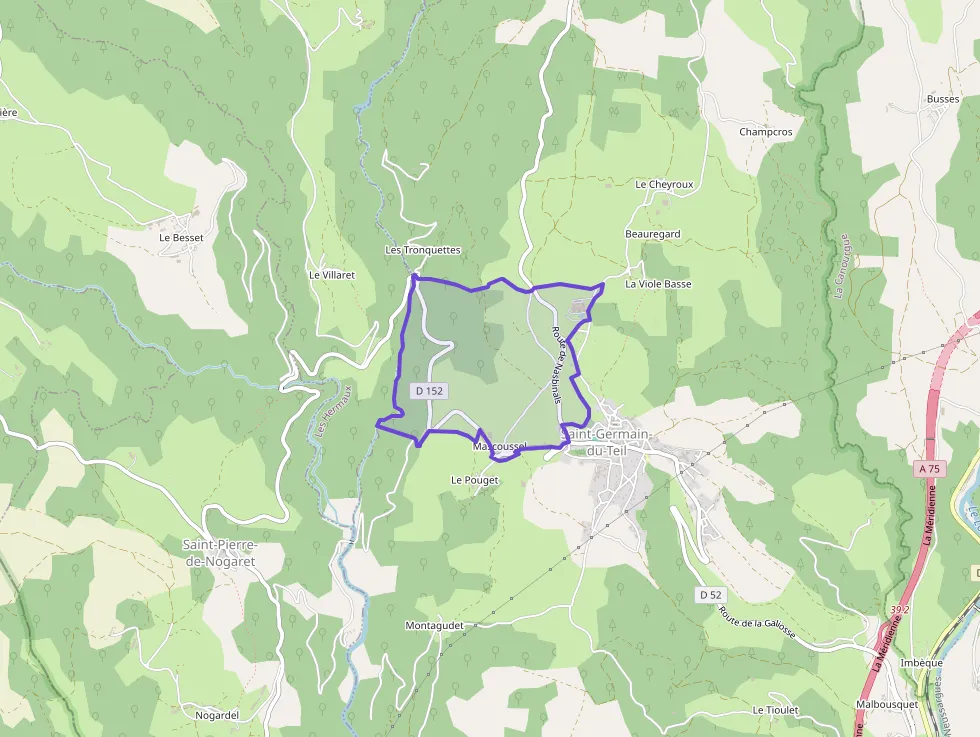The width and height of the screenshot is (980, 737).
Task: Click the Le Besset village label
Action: (x=181, y=238)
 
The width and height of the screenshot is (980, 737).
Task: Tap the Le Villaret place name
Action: (x=332, y=274)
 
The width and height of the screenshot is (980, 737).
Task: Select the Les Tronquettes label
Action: (x=422, y=250)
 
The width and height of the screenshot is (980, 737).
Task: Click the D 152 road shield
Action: (x=427, y=391)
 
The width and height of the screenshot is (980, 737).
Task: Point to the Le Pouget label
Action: (x=474, y=480)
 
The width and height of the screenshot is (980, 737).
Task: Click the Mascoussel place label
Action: (x=500, y=446)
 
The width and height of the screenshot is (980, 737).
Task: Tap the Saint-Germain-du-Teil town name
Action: (x=607, y=442)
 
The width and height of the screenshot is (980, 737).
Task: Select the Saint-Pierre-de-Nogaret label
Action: (x=220, y=553)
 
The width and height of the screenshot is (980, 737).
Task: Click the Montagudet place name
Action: (x=435, y=626)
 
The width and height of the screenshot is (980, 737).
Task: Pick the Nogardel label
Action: (x=217, y=715)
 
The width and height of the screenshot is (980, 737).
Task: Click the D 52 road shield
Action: (x=710, y=595)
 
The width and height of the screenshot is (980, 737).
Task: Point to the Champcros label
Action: (x=766, y=131)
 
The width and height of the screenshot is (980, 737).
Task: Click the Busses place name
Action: (x=942, y=99)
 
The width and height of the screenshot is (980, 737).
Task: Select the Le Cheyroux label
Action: (x=664, y=185)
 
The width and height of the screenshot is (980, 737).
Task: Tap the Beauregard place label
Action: (x=652, y=234)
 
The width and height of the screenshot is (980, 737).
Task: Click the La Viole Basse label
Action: (x=658, y=284)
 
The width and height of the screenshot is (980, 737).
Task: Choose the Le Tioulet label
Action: (x=775, y=710)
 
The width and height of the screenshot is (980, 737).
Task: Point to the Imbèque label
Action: (x=921, y=663)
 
